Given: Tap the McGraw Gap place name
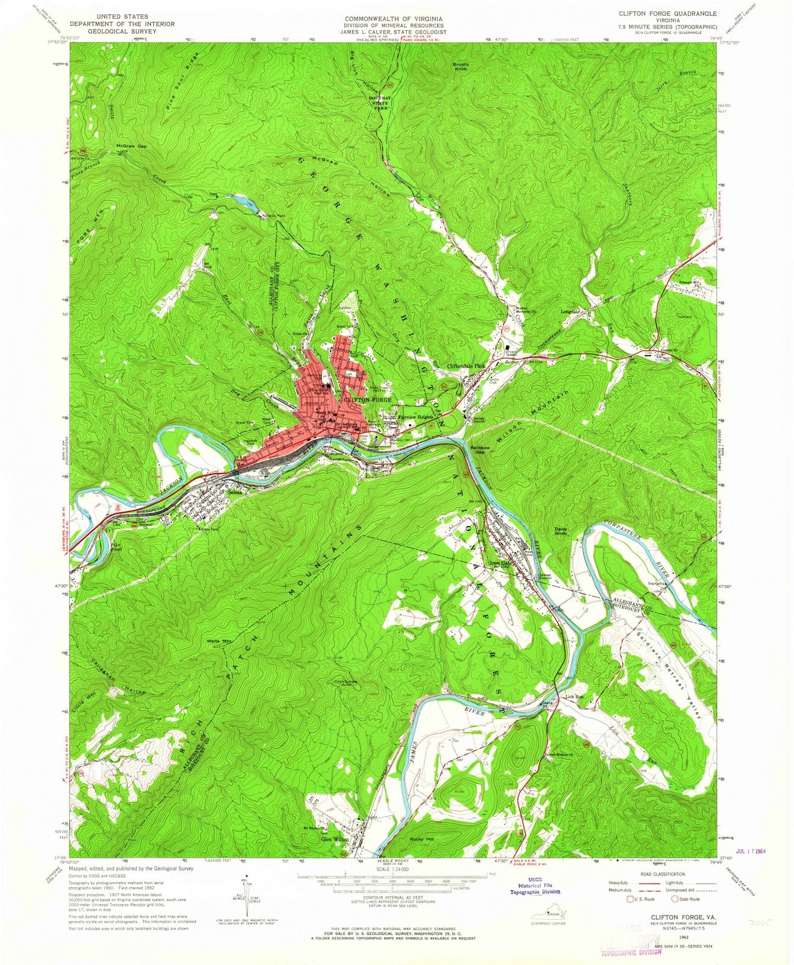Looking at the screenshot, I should (x=132, y=147).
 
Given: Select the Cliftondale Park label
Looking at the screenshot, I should (x=466, y=365).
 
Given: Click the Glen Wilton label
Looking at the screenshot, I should (x=335, y=839).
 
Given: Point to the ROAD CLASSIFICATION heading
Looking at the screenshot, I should (x=654, y=874).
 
